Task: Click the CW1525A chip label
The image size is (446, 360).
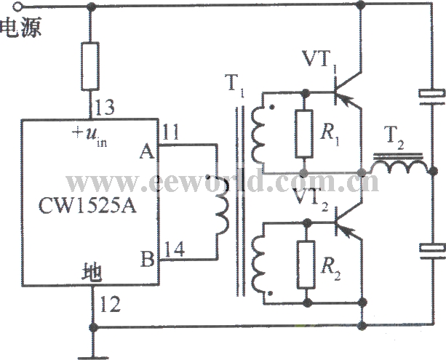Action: pyautogui.click(x=87, y=205)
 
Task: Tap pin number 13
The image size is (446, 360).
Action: pyautogui.click(x=105, y=107)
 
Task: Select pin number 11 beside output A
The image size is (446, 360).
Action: pyautogui.click(x=170, y=132)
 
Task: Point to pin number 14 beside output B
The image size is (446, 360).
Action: pyautogui.click(x=174, y=249)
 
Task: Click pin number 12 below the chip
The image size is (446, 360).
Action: pyautogui.click(x=111, y=304)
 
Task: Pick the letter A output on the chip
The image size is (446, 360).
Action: pyautogui.click(x=147, y=151)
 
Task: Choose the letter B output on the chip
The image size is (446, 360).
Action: pyautogui.click(x=148, y=259)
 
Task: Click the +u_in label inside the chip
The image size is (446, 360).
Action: pyautogui.click(x=89, y=136)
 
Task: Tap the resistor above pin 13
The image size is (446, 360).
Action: pyautogui.click(x=90, y=66)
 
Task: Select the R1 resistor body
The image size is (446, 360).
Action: pyautogui.click(x=304, y=134)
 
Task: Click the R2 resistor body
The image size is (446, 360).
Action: pyautogui.click(x=306, y=265)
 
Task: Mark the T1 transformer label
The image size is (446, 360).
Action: pyautogui.click(x=234, y=84)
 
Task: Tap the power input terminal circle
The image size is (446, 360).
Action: pyautogui.click(x=17, y=7)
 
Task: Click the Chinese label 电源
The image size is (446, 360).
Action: pyautogui.click(x=20, y=28)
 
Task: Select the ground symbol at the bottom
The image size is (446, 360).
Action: pyautogui.click(x=92, y=357)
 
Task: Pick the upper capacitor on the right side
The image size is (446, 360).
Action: pyautogui.click(x=431, y=97)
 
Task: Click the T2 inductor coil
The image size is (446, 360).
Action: pyautogui.click(x=399, y=167)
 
